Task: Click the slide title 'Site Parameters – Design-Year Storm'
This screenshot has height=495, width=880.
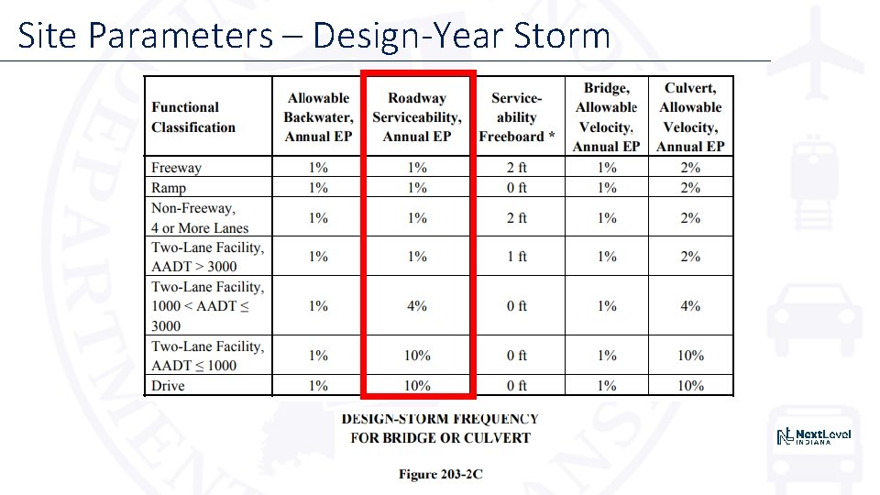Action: pos(313,36)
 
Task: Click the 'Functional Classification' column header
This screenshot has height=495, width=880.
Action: pos(193,117)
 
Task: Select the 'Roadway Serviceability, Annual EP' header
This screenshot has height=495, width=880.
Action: pos(417,117)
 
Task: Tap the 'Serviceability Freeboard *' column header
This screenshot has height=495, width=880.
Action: pos(516,117)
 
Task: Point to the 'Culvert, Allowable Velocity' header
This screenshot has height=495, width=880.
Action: pos(690,117)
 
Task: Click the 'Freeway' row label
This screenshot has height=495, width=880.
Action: pos(176,168)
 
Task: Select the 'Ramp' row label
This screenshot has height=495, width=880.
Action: pos(169,188)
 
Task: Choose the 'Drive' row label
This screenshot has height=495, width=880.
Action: pos(168,386)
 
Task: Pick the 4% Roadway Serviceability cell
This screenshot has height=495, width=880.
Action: pos(417,306)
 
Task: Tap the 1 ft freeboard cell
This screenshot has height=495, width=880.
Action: pos(517,257)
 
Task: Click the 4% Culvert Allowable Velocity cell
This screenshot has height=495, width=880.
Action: pos(690,306)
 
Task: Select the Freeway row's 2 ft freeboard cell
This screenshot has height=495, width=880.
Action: pos(517,168)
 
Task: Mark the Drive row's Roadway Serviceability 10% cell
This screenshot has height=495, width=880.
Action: pos(417,386)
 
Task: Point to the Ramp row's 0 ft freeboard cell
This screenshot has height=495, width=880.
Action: pos(517,188)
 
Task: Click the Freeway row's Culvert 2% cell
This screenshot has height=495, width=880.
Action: pos(690,168)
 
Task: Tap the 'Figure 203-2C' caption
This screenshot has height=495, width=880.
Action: pos(440,474)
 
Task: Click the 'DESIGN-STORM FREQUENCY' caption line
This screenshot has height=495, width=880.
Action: pos(440,419)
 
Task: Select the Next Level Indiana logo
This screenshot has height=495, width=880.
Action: pos(813,437)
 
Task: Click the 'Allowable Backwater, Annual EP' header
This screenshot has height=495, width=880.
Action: pos(318,117)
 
